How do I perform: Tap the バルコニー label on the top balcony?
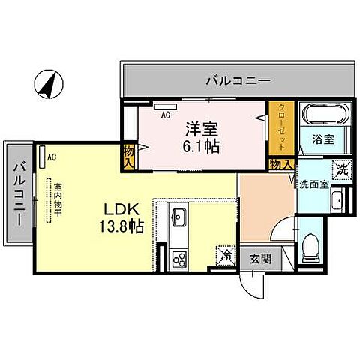(x=236, y=79)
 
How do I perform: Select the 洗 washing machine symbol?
(x=341, y=170)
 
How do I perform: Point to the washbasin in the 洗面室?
(x=337, y=201)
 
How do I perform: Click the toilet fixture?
(x=312, y=247)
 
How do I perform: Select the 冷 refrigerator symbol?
(x=224, y=255)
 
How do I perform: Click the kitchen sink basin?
(x=179, y=218)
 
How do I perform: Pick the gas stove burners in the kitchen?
(x=179, y=259)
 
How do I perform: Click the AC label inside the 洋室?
(x=166, y=115)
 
